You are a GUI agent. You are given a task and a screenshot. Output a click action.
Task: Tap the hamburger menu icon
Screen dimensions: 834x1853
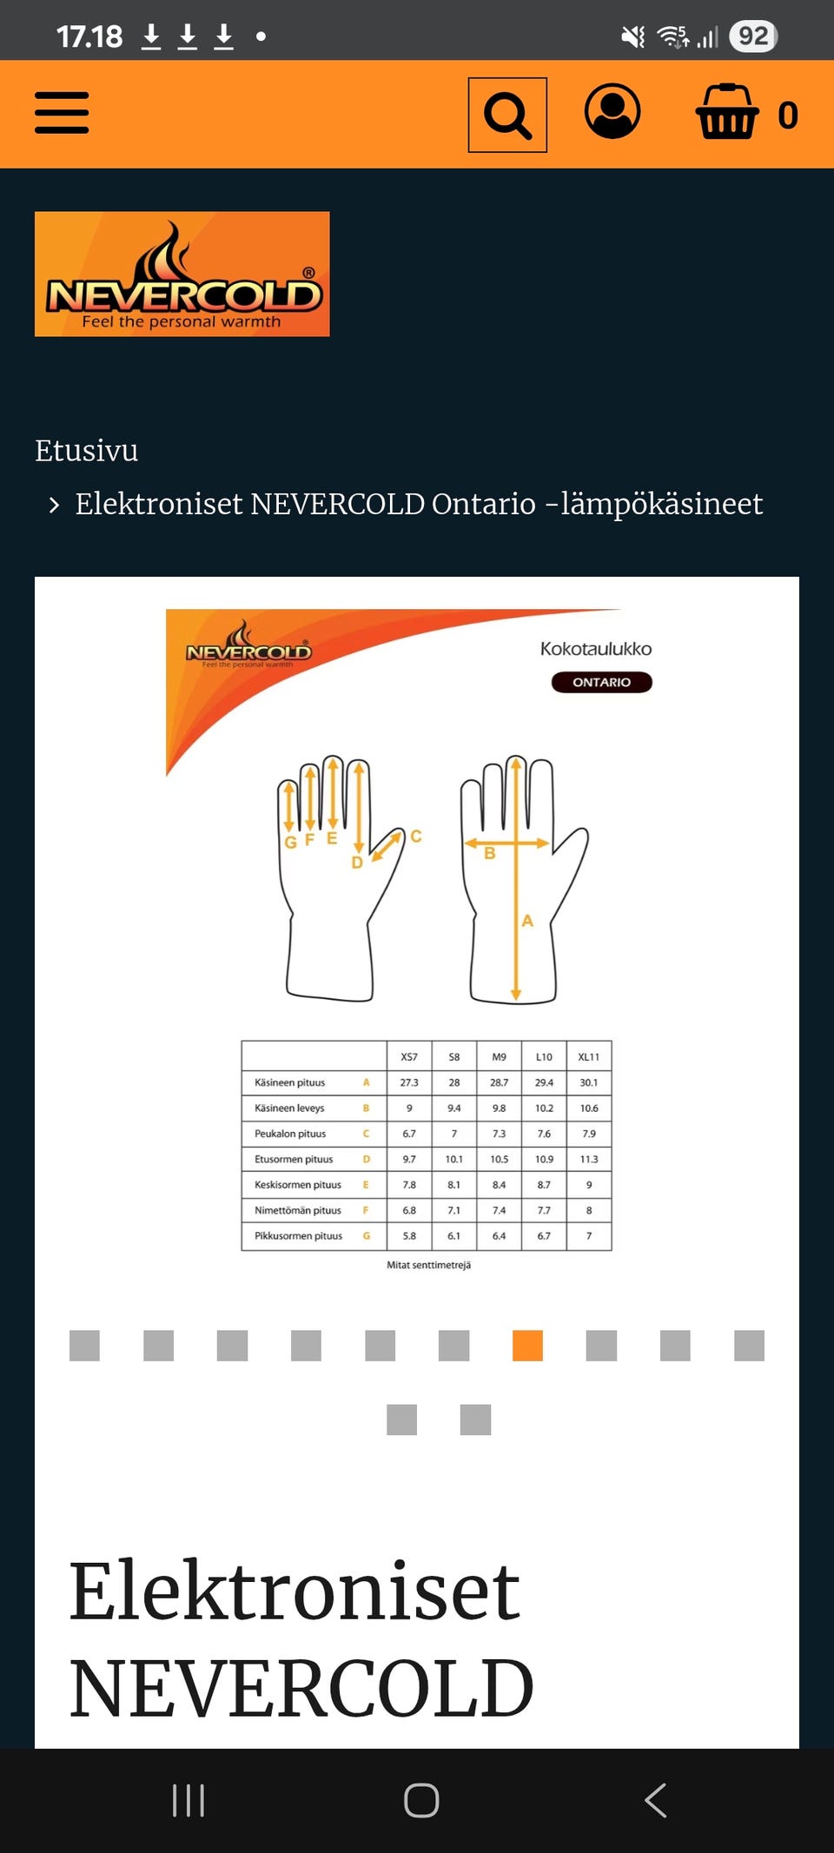click(62, 113)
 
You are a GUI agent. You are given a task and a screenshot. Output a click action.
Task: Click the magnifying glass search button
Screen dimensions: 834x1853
click(507, 115)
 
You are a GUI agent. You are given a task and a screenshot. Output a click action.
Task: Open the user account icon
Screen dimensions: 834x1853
click(612, 111)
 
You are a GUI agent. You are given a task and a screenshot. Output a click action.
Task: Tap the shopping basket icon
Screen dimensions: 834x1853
click(727, 112)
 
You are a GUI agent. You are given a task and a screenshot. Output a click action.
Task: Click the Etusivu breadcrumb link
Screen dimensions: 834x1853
click(86, 450)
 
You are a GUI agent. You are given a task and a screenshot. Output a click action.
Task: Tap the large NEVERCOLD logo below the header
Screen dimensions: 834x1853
click(182, 274)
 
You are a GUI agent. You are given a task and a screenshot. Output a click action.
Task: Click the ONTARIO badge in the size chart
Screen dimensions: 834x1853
click(601, 682)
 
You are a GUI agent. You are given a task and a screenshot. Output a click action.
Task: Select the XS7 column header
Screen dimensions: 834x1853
click(409, 1057)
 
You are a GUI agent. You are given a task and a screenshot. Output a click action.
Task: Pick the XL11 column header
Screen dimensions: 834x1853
click(589, 1057)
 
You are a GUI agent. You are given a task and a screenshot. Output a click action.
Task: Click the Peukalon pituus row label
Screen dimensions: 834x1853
click(290, 1134)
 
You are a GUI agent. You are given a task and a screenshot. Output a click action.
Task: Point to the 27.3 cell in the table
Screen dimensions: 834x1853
click(409, 1082)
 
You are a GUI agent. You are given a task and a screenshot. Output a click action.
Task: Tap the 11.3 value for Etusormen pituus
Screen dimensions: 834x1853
click(589, 1159)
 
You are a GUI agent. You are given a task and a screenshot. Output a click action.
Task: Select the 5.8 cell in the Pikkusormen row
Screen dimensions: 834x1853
click(409, 1235)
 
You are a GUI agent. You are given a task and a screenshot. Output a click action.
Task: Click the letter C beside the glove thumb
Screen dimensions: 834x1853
click(416, 836)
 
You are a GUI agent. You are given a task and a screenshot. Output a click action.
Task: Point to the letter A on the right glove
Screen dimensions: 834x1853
click(527, 921)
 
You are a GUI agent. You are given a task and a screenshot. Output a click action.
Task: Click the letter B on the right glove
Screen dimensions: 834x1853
click(490, 853)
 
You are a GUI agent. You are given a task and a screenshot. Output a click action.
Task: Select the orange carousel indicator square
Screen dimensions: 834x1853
click(527, 1346)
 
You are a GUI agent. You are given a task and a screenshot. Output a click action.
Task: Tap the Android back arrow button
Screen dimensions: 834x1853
click(656, 1800)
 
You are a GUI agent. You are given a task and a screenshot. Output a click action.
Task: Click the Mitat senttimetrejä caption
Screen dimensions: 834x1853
click(429, 1265)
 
